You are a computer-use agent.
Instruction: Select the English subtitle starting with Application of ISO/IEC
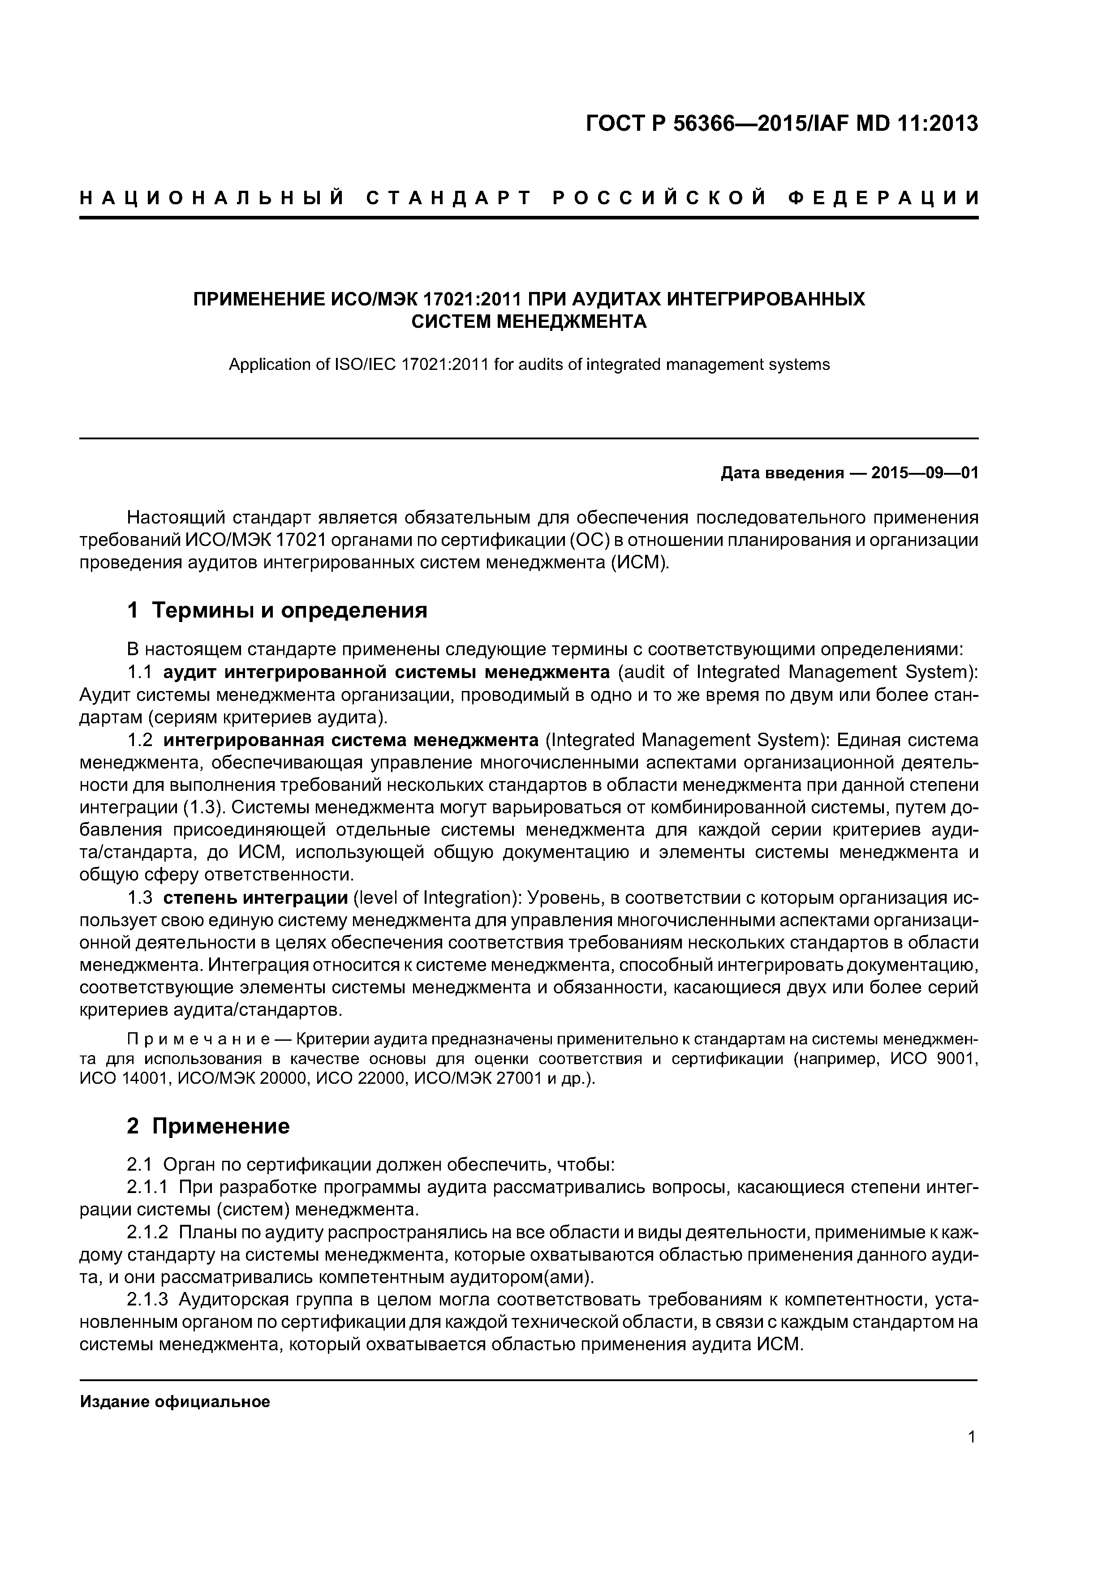pyautogui.click(x=529, y=365)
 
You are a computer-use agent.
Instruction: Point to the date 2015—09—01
pyautogui.click(x=925, y=473)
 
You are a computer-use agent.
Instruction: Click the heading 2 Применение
pyautogui.click(x=208, y=1126)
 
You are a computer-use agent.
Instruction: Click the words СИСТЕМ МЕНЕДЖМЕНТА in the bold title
pyautogui.click(x=529, y=322)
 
